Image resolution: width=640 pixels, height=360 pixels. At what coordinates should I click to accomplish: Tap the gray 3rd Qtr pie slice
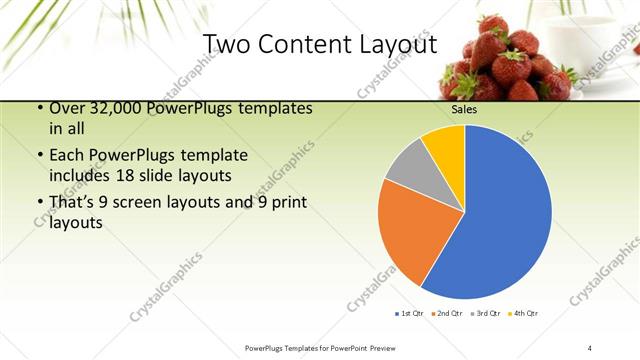(407, 169)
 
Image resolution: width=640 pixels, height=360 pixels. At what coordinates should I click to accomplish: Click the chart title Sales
(464, 110)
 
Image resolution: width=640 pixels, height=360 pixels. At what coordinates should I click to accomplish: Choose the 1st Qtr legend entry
(410, 313)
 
